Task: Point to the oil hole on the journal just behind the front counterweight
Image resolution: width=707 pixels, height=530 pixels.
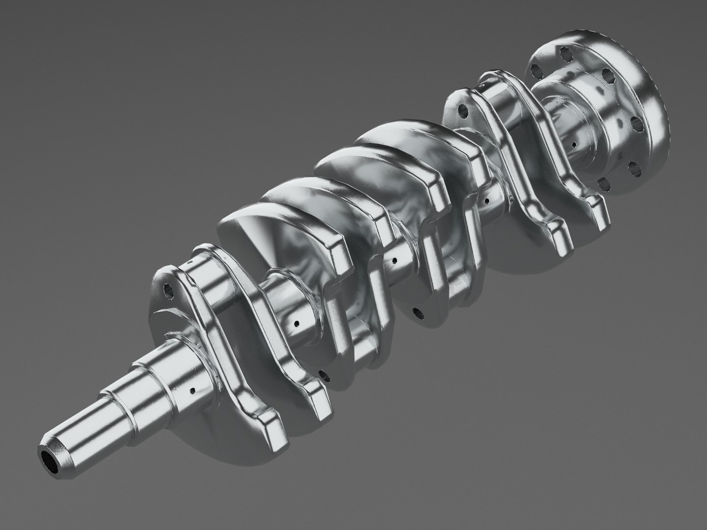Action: [297, 324]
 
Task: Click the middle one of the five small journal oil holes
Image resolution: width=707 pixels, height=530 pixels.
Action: [393, 260]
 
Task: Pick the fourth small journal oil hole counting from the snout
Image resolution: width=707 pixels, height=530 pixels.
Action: [486, 200]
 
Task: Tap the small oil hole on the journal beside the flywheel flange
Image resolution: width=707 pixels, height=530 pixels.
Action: [573, 146]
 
